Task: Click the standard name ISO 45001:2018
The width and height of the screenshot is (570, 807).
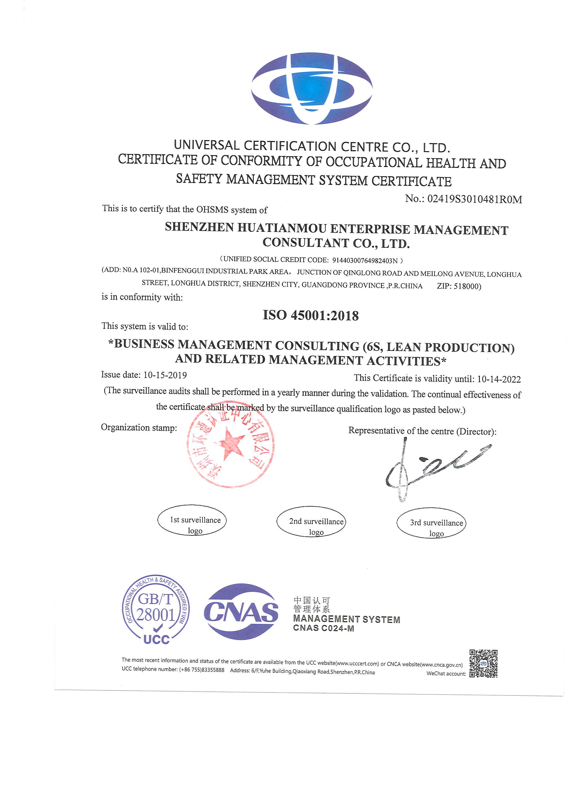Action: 311,315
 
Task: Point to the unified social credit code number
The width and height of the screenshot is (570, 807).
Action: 365,260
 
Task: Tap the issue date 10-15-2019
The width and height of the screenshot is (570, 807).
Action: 165,375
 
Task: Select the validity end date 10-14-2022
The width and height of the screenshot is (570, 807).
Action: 499,379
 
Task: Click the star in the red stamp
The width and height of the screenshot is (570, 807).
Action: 231,444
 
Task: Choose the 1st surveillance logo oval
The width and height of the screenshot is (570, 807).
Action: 192,520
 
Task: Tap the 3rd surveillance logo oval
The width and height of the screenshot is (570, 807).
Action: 431,523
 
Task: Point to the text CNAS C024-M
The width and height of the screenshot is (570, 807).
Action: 324,628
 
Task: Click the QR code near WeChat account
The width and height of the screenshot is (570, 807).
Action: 483,664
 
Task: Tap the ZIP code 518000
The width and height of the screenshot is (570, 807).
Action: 467,286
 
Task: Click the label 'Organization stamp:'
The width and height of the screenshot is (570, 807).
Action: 139,427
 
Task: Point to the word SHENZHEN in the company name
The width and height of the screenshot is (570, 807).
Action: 199,227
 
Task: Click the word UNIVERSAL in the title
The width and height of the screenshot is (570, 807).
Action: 206,145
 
